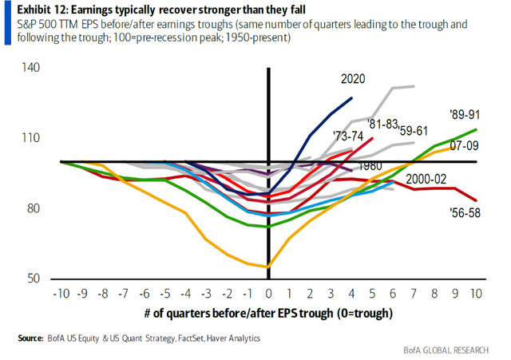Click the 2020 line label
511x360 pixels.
click(353, 80)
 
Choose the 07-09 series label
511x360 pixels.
click(463, 146)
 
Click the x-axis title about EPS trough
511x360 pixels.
click(269, 315)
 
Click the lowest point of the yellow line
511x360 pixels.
click(268, 267)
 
